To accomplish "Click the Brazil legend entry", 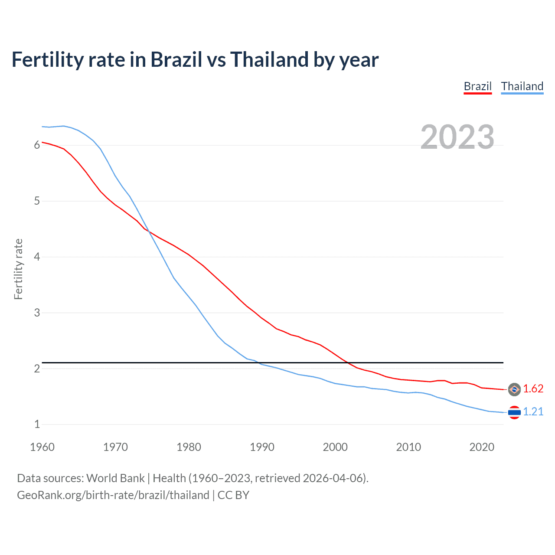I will click(477, 86).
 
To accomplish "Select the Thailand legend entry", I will click(522, 86).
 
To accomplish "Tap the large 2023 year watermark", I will click(457, 137).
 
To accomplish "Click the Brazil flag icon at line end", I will click(514, 389).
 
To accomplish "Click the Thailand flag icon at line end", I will click(514, 412).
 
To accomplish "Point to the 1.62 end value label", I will click(533, 389).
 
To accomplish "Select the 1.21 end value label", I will click(533, 412).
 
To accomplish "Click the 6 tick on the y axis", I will click(37, 145).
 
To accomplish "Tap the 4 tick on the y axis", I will click(37, 257).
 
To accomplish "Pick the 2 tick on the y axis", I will click(37, 369).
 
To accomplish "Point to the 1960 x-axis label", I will click(42, 447).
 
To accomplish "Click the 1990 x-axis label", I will click(262, 447).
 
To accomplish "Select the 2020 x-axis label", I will click(482, 447).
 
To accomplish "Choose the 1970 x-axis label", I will click(115, 447).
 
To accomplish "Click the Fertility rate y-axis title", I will click(18, 269).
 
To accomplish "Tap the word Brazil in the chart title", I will click(176, 60).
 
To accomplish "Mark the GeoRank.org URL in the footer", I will click(113, 495).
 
